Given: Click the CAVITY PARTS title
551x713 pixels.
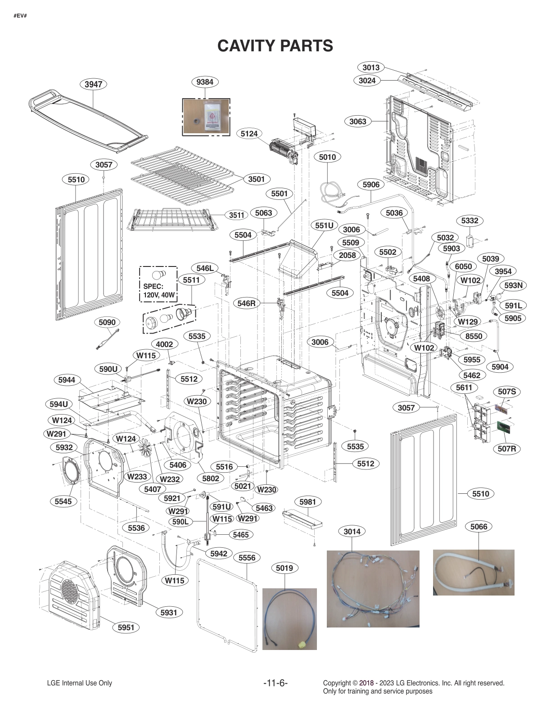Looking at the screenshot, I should click(275, 45).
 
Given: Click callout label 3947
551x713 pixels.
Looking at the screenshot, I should click(93, 84).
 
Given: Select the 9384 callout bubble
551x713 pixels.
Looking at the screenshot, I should click(205, 82).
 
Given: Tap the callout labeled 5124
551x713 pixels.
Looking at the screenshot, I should click(249, 134).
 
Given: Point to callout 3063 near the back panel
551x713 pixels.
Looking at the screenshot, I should click(358, 121).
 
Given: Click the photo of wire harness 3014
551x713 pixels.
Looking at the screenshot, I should click(373, 588).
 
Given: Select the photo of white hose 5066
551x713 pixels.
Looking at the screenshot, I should click(473, 572).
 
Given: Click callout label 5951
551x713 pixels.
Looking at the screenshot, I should click(126, 627).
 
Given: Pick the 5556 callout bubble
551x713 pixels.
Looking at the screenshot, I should click(247, 558).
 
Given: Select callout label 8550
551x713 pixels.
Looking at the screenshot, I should click(474, 336).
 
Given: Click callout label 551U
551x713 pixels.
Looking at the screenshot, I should click(324, 226).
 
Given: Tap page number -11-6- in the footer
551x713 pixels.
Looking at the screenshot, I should click(275, 683).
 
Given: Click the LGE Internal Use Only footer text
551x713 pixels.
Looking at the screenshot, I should click(79, 683).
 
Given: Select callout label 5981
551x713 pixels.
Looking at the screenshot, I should click(307, 502).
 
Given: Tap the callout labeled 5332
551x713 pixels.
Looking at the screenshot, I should click(470, 221).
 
